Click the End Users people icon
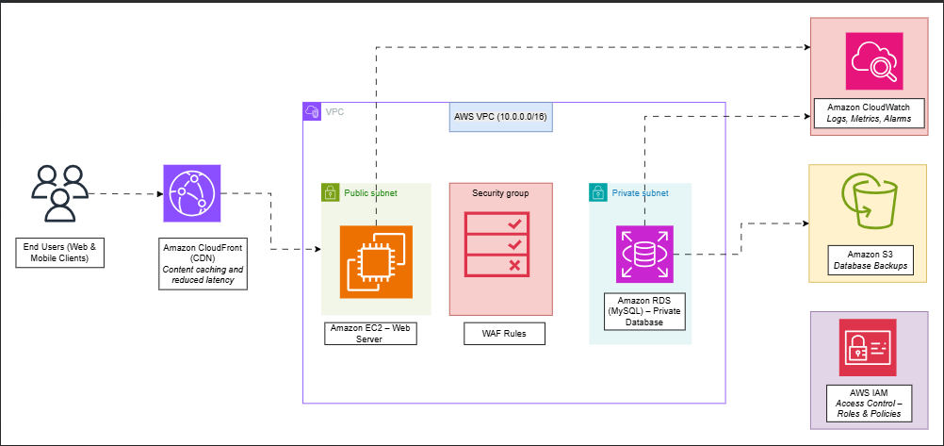59,193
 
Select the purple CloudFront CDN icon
191,193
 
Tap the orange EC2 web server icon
376,259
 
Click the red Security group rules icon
500,242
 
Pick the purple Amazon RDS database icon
645,254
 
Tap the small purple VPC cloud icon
312,111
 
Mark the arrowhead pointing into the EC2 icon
316,250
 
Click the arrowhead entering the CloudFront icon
157,193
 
